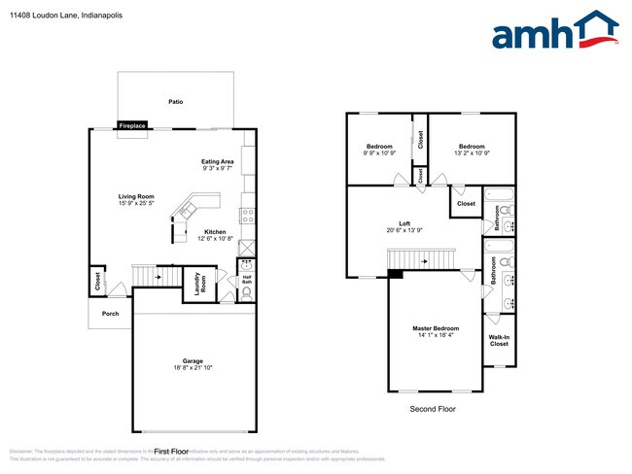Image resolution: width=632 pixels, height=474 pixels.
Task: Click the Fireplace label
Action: [132, 125]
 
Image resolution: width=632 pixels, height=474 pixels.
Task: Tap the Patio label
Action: [175, 101]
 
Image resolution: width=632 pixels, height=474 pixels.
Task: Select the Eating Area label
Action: [217, 161]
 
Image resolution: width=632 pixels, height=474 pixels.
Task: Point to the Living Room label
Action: [136, 196]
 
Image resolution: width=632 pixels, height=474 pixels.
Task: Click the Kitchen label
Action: [215, 231]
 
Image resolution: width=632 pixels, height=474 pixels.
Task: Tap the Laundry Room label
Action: [197, 285]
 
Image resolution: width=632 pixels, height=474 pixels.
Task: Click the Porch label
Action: [110, 314]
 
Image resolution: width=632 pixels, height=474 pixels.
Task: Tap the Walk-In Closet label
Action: [499, 340]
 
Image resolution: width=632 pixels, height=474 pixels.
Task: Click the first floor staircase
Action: [149, 276]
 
